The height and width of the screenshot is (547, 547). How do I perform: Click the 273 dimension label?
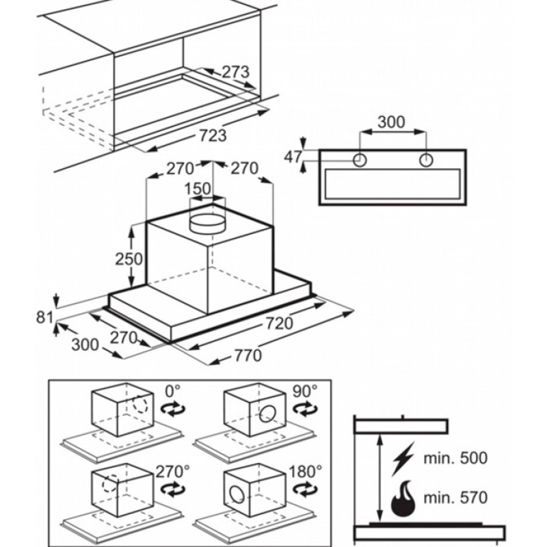(236, 72)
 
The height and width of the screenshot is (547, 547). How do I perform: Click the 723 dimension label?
(213, 135)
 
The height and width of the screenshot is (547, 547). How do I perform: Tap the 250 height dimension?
(129, 259)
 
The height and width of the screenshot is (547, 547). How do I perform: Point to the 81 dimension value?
(44, 317)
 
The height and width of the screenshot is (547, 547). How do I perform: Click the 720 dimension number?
(280, 323)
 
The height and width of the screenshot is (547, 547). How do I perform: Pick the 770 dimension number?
(248, 356)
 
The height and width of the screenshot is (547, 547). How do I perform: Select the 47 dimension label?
(293, 157)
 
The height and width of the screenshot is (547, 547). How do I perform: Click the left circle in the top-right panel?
(360, 161)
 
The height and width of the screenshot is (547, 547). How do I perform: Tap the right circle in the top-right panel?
(426, 161)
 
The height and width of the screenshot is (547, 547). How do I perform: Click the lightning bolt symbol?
(403, 458)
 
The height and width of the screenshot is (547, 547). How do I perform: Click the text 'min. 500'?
(455, 457)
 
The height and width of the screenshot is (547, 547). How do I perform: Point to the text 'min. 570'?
(455, 498)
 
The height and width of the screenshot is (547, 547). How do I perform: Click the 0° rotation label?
(173, 391)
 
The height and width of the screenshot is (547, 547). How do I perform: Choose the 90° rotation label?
(305, 391)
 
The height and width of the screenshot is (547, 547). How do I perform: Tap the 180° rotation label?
(305, 472)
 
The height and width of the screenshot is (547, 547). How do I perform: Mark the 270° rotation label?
(173, 472)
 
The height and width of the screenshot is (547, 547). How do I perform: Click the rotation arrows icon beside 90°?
(305, 408)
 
